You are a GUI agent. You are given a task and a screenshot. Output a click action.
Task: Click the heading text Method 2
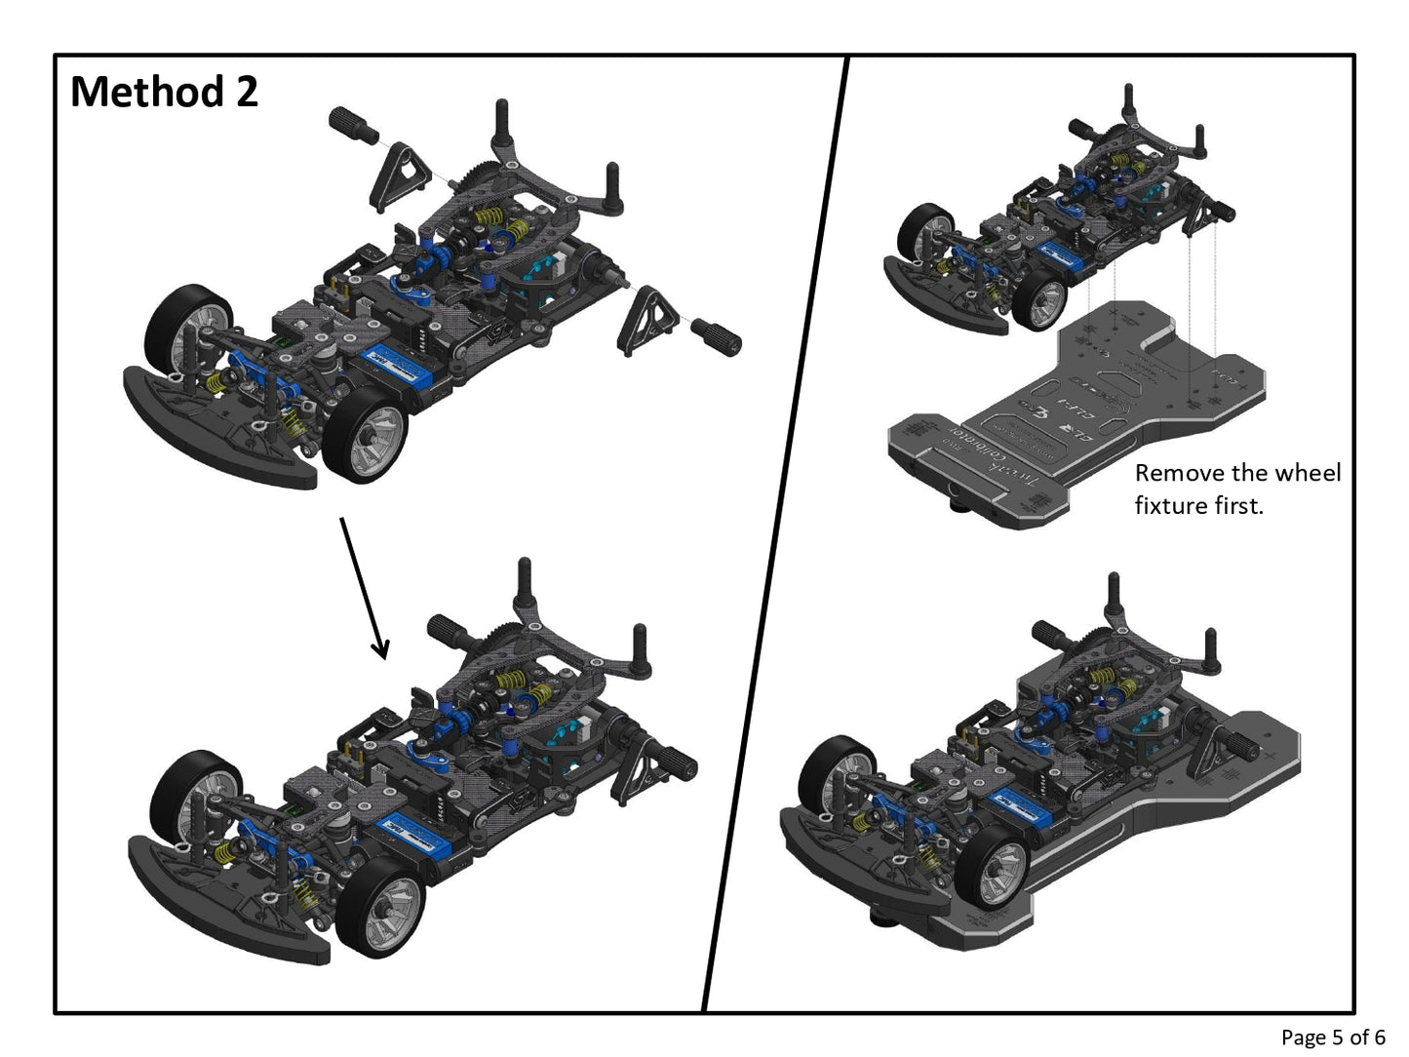[x=164, y=92]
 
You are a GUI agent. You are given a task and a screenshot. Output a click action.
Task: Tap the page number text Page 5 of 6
[x=1332, y=1037]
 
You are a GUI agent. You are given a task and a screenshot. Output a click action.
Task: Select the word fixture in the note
[x=1169, y=506]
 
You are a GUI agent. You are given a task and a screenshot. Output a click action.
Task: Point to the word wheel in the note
[x=1309, y=474]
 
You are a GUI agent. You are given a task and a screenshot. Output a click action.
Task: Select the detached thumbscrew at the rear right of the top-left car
[x=716, y=335]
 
